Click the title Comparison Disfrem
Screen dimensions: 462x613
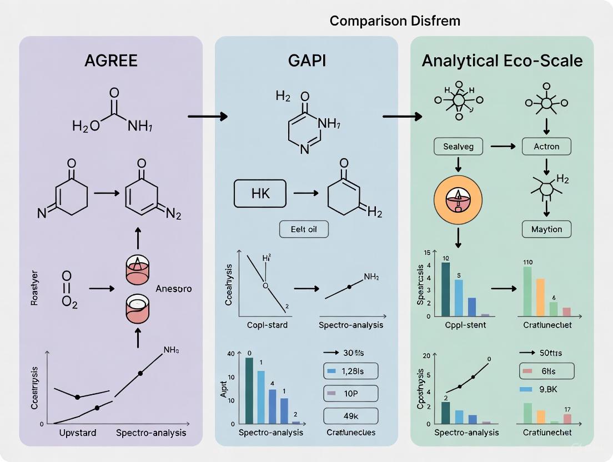coord(395,21)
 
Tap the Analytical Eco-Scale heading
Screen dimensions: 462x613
coord(502,61)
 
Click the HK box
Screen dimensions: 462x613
coord(260,194)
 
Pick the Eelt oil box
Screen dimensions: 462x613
coord(303,229)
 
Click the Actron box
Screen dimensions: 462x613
coord(546,147)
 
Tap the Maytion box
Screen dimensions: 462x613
coord(546,229)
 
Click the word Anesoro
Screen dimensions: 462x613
coord(173,289)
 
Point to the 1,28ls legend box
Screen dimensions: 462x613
coord(350,370)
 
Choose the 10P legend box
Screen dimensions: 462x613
coord(350,393)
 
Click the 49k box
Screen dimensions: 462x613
coord(350,416)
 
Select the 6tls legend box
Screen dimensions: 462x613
coord(546,370)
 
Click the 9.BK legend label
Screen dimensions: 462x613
coord(546,390)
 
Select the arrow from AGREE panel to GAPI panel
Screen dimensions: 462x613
coord(208,116)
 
